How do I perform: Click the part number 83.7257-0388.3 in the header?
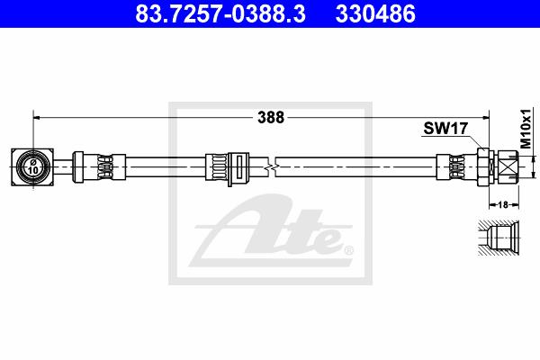coord(220,13)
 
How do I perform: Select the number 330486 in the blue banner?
coord(375,13)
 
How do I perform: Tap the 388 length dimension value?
coord(271,118)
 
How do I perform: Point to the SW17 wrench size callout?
coord(445,129)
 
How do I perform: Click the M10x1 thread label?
coord(526,129)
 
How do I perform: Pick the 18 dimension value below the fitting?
coord(503,204)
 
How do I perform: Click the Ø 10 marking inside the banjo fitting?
coord(33,167)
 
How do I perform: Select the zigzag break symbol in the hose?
coord(272,167)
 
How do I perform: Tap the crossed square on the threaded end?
coord(508,167)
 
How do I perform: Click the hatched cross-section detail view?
coord(499,238)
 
